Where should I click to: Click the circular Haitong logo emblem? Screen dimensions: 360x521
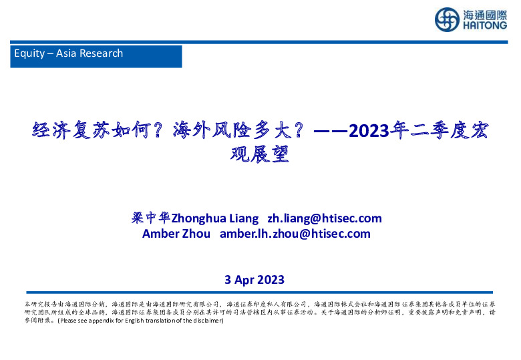pos(447,19)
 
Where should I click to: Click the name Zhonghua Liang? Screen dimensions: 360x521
pos(215,218)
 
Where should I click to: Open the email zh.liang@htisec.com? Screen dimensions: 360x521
pos(325,218)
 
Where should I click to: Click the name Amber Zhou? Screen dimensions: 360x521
pos(176,234)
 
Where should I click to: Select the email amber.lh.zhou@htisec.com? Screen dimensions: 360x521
pos(295,234)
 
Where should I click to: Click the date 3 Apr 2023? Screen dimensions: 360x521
pos(254,280)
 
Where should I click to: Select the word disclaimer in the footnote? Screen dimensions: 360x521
pos(206,321)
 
